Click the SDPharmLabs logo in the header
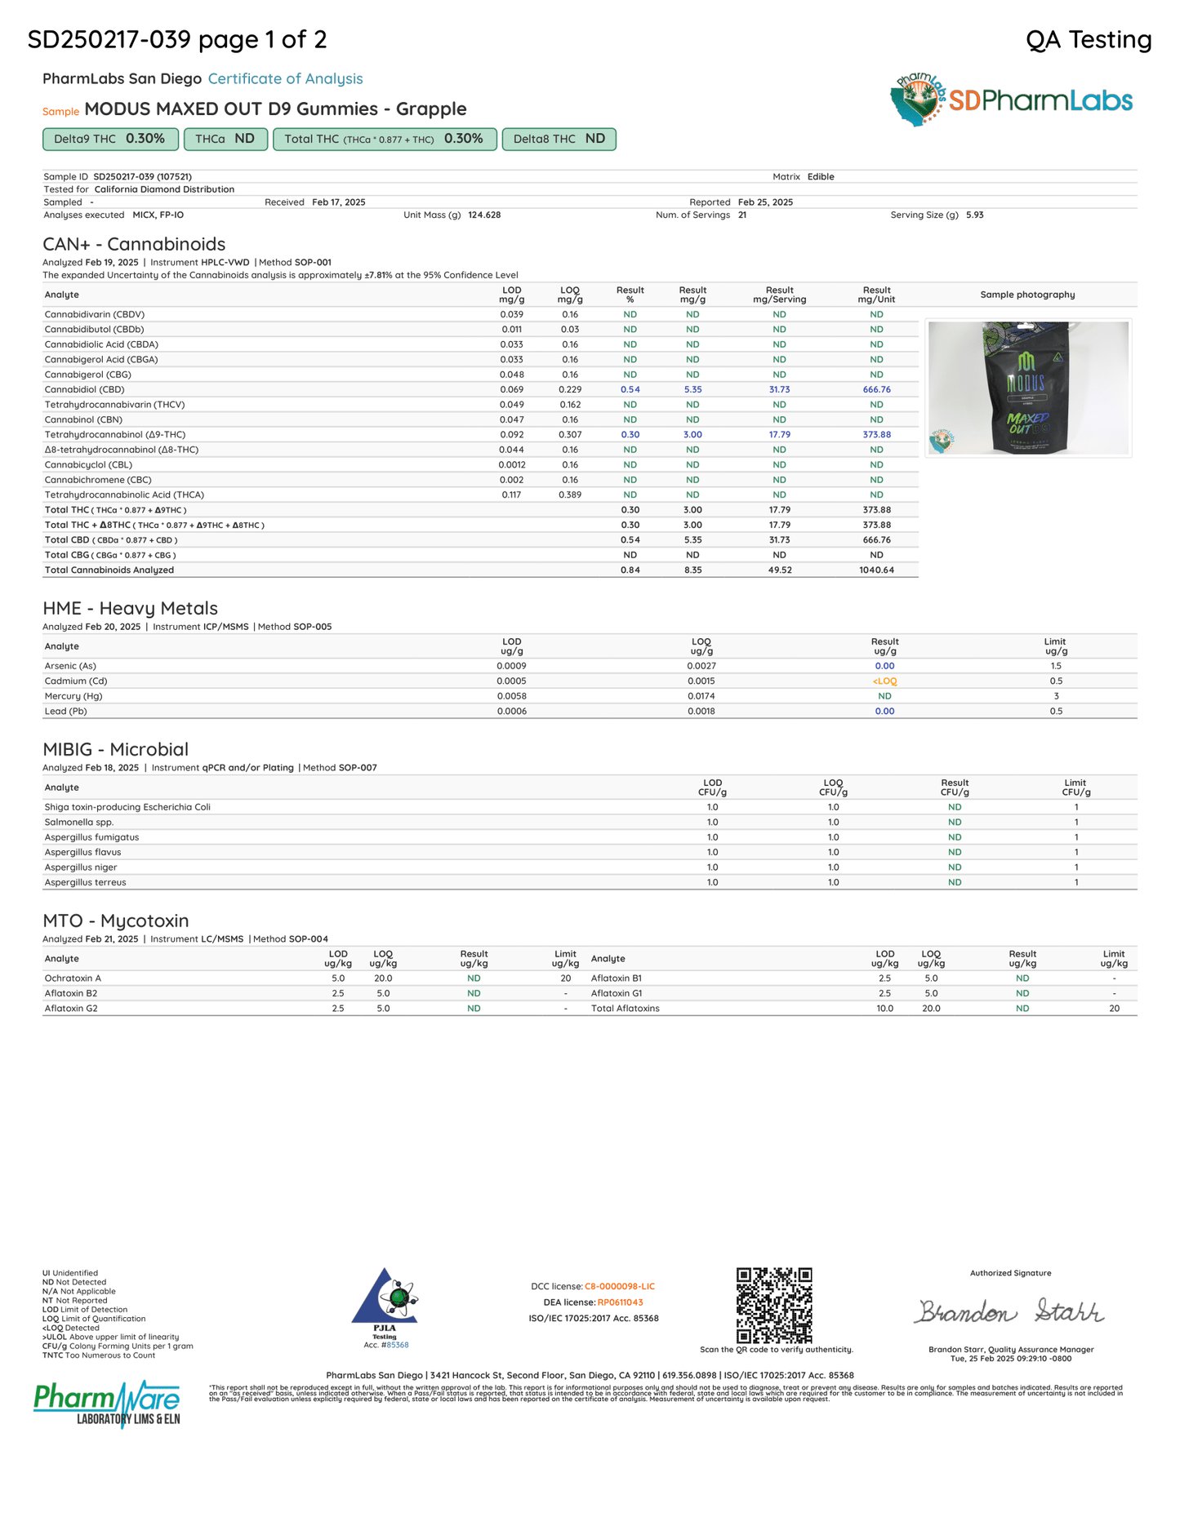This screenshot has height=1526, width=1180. pyautogui.click(x=1011, y=100)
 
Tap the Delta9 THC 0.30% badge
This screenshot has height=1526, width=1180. pyautogui.click(x=110, y=139)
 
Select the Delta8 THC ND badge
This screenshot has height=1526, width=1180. pyautogui.click(x=559, y=139)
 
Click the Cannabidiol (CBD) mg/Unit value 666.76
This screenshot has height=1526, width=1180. pyautogui.click(x=876, y=389)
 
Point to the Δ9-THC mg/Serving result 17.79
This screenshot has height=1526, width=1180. pyautogui.click(x=779, y=435)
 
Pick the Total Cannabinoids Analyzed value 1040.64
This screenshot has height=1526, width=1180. pyautogui.click(x=876, y=570)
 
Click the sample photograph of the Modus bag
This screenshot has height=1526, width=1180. pyautogui.click(x=1028, y=388)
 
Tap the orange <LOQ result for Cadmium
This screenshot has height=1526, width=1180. pyautogui.click(x=884, y=681)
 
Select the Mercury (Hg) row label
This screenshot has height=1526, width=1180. pyautogui.click(x=73, y=696)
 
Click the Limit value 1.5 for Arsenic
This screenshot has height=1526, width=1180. pyautogui.click(x=1056, y=666)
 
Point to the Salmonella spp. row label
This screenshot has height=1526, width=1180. pyautogui.click(x=79, y=822)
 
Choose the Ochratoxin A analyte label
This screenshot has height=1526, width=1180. pyautogui.click(x=73, y=978)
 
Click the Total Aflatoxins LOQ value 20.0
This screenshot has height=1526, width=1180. pyautogui.click(x=931, y=1009)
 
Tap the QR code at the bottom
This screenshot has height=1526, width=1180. pyautogui.click(x=774, y=1305)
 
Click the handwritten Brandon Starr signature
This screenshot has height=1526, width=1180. pyautogui.click(x=1009, y=1311)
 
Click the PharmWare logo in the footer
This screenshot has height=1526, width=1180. pyautogui.click(x=107, y=1403)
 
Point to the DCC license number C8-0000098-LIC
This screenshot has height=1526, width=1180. pyautogui.click(x=619, y=1286)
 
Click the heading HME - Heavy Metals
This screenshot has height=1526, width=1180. pyautogui.click(x=130, y=608)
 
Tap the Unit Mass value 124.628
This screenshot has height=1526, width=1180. pyautogui.click(x=483, y=215)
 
